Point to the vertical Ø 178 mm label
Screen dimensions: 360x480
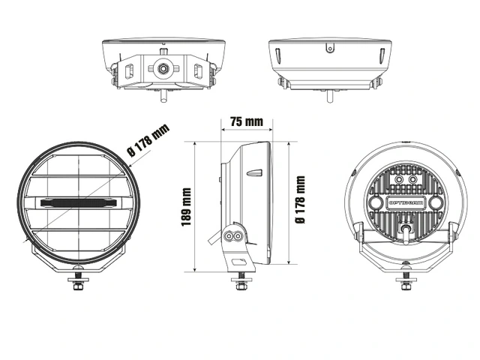coord(299,200)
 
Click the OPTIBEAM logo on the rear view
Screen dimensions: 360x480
coord(405,202)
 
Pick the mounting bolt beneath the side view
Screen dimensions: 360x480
coord(241,284)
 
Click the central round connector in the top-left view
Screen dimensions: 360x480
coord(161,68)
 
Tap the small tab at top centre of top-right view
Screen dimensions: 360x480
coord(327,49)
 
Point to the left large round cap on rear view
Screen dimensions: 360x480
coord(377,204)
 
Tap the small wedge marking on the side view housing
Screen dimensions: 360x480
coord(255,173)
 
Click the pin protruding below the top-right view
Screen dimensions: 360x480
coord(327,95)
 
